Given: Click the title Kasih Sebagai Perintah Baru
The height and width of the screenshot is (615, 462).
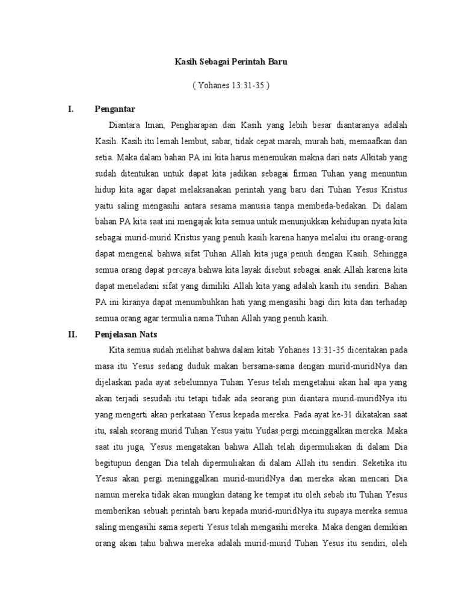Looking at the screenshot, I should click(x=230, y=62).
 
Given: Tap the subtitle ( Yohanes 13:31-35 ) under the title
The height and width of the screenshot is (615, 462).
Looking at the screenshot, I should click(x=230, y=85).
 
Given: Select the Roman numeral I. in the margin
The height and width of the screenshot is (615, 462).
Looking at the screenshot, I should click(x=71, y=109).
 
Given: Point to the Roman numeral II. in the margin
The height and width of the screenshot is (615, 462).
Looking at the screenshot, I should click(x=73, y=335).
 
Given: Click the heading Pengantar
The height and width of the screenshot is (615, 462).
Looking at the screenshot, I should click(x=114, y=109).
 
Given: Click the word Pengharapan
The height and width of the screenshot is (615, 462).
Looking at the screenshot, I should click(x=181, y=126).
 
